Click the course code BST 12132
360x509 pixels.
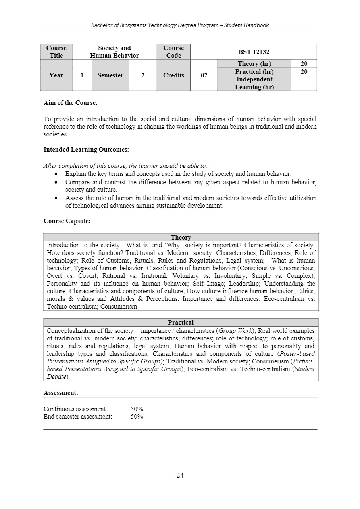coord(254,52)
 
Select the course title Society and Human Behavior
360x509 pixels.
coord(114,52)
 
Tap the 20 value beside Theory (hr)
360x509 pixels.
coord(304,64)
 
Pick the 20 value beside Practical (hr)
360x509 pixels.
coord(304,71)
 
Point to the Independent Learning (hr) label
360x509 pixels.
coord(254,83)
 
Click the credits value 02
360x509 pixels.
coord(204,75)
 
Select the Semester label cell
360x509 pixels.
coord(110,75)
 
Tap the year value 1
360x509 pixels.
coord(82,75)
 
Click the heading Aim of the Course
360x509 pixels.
coord(70,103)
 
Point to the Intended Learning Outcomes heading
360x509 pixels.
coord(86,150)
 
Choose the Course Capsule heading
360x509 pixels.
coord(67,221)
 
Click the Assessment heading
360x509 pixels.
coord(60,393)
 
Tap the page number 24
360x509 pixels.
coord(180,475)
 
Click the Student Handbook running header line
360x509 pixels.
coord(180,25)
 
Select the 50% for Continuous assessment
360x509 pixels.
coord(137,409)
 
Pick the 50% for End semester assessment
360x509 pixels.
coord(137,417)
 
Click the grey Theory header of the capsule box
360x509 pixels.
coord(181,238)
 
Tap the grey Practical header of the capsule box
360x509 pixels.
coord(181,323)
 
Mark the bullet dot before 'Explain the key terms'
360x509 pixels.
coord(56,174)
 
